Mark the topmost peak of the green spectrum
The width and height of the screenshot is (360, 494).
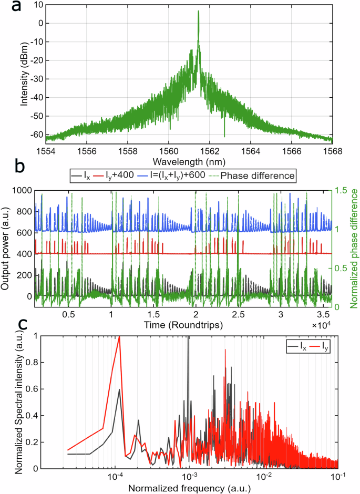point(198,11)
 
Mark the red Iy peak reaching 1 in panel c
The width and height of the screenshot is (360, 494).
point(119,337)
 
